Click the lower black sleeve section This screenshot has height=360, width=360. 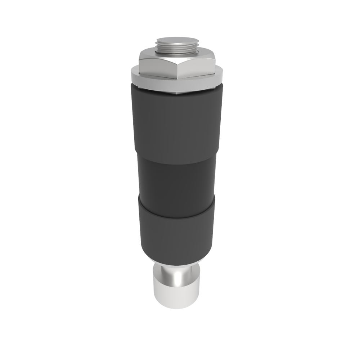(177, 230)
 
